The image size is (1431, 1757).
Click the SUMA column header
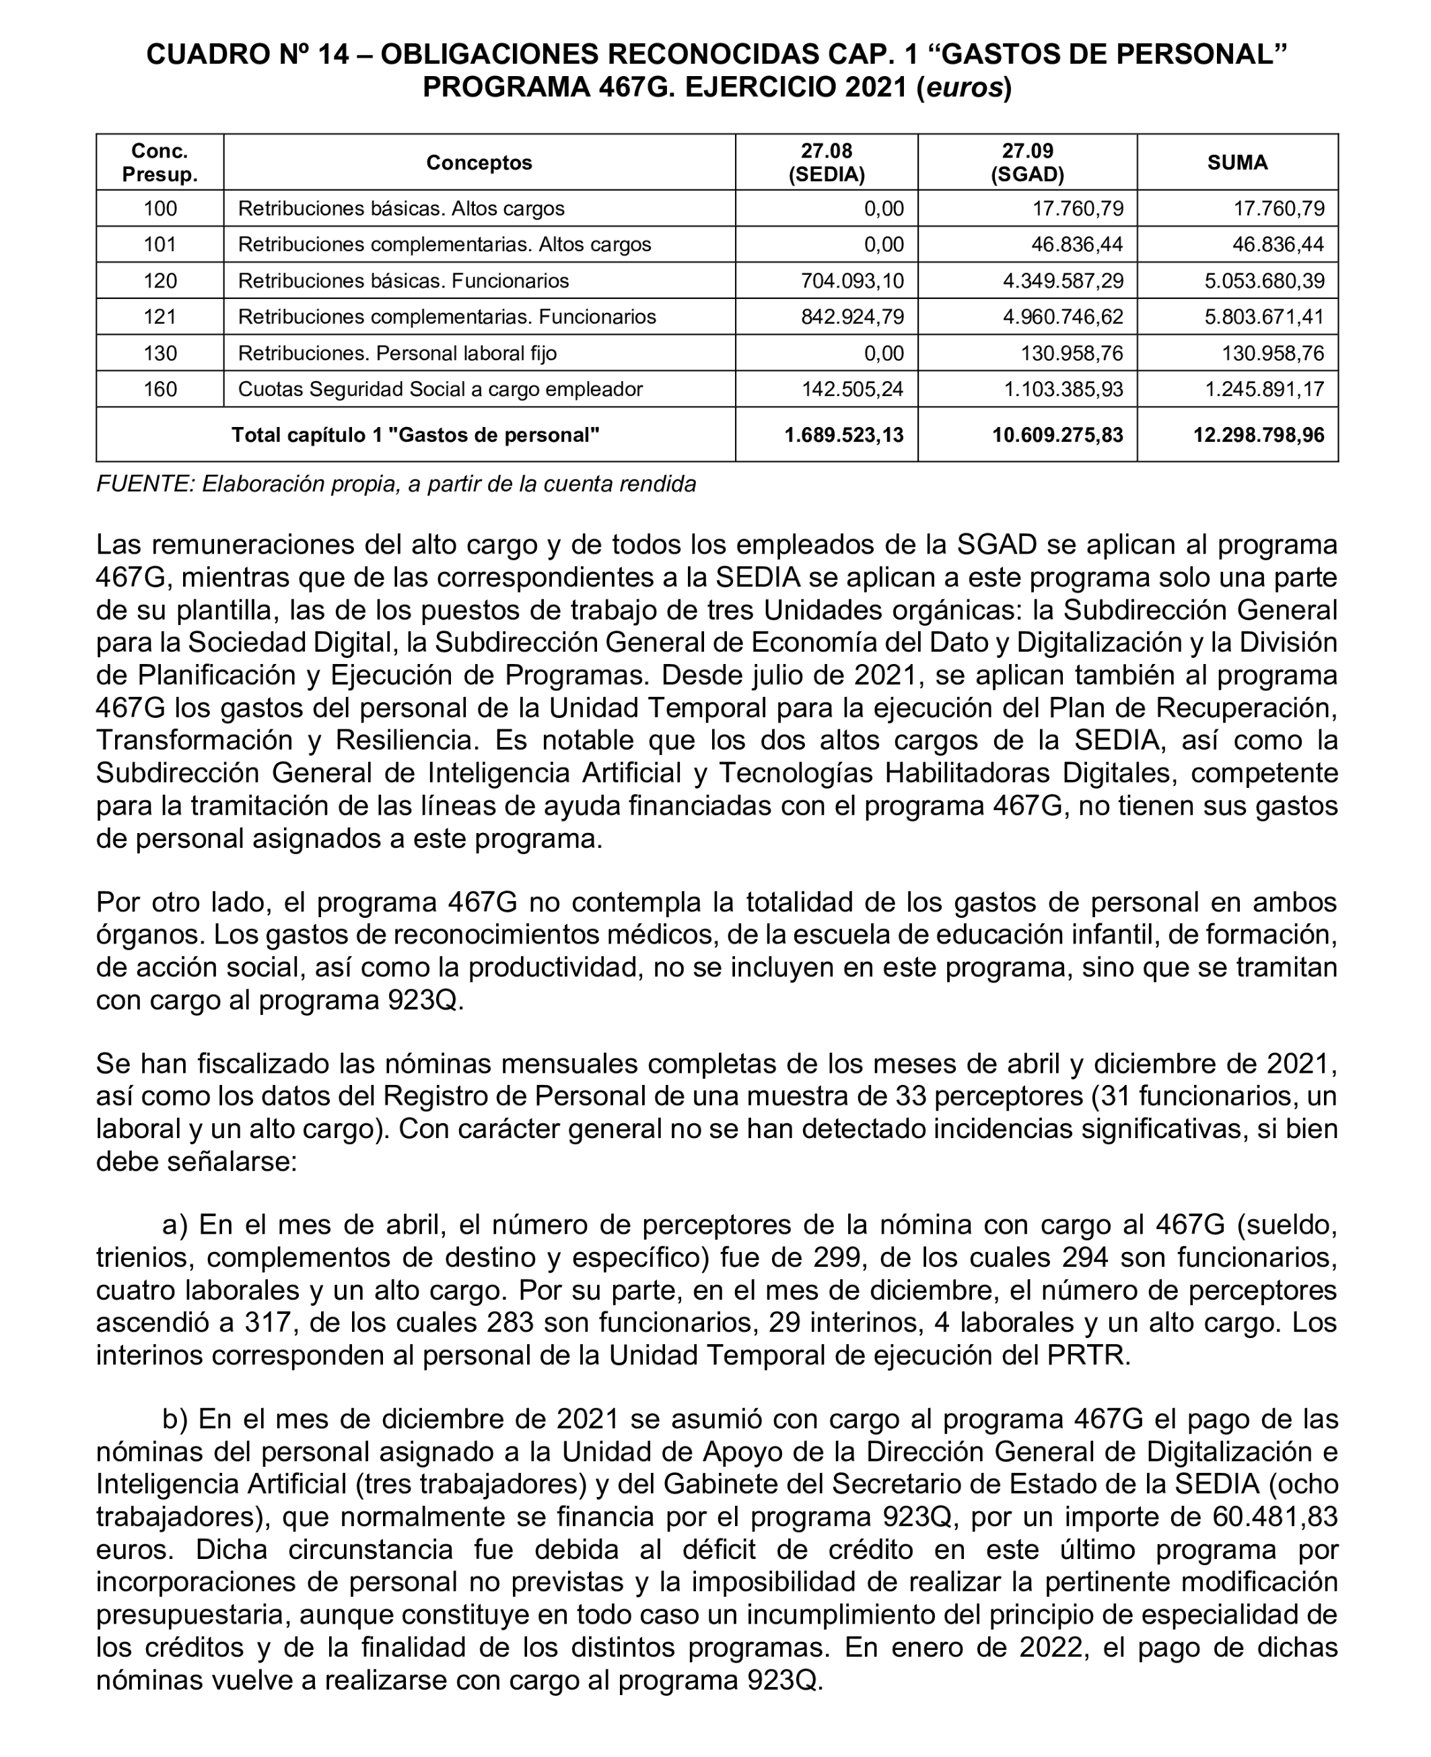coord(1236,162)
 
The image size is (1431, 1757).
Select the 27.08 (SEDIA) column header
coord(826,162)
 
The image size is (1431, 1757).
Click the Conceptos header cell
coord(479,162)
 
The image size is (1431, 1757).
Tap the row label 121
coord(160,317)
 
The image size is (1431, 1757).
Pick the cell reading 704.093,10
coord(852,280)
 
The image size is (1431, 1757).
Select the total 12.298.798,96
coord(1259,434)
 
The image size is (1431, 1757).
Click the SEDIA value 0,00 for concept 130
coord(884,353)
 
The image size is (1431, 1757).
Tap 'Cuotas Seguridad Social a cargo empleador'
coord(440,389)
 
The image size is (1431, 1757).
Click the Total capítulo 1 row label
coord(415,434)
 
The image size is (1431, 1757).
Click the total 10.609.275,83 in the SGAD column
coord(1057,434)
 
